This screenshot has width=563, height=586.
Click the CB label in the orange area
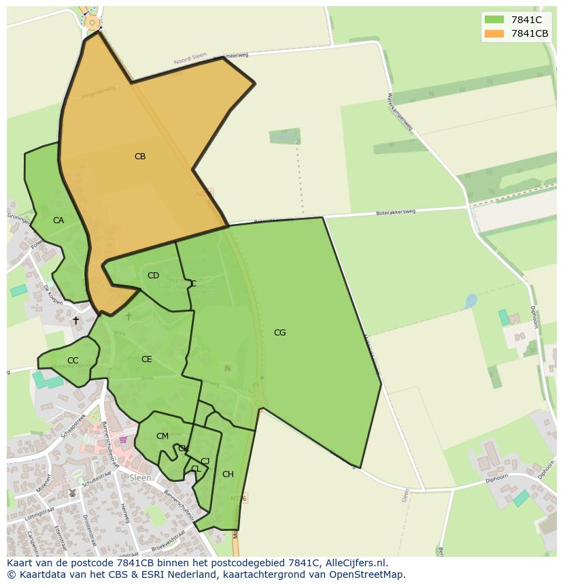[140, 157]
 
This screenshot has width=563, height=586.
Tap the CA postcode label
[58, 221]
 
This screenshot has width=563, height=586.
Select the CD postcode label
[153, 276]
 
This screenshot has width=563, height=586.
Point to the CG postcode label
[279, 333]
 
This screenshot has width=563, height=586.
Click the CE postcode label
[146, 359]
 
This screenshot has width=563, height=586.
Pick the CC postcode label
[73, 361]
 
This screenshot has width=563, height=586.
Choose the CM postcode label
[162, 436]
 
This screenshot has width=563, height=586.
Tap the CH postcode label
[228, 474]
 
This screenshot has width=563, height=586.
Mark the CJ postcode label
[205, 461]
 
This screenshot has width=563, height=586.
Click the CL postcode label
[196, 469]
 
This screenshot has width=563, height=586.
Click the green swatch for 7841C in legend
[494, 20]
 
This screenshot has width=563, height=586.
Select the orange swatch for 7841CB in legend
[494, 33]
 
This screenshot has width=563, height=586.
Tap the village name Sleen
[140, 478]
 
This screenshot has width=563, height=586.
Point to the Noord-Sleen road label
[190, 59]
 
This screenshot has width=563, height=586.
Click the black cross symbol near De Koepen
[75, 320]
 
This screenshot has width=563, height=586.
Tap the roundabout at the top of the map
[92, 23]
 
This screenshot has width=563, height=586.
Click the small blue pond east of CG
[471, 300]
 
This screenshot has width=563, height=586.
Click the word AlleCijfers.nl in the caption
[356, 563]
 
